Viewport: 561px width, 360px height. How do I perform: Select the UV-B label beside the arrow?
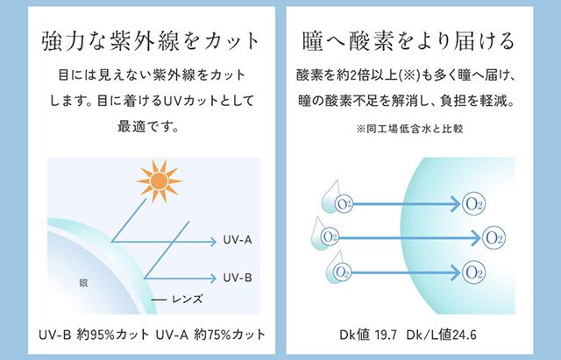point(238,278)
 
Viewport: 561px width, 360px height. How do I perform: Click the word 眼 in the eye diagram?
point(84,282)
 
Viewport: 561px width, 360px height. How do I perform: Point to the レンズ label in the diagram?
point(185,299)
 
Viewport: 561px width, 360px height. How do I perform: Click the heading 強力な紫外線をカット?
point(152,40)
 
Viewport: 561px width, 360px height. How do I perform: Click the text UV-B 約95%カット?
point(91,335)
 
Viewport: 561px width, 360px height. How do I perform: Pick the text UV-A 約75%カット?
point(212,335)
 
